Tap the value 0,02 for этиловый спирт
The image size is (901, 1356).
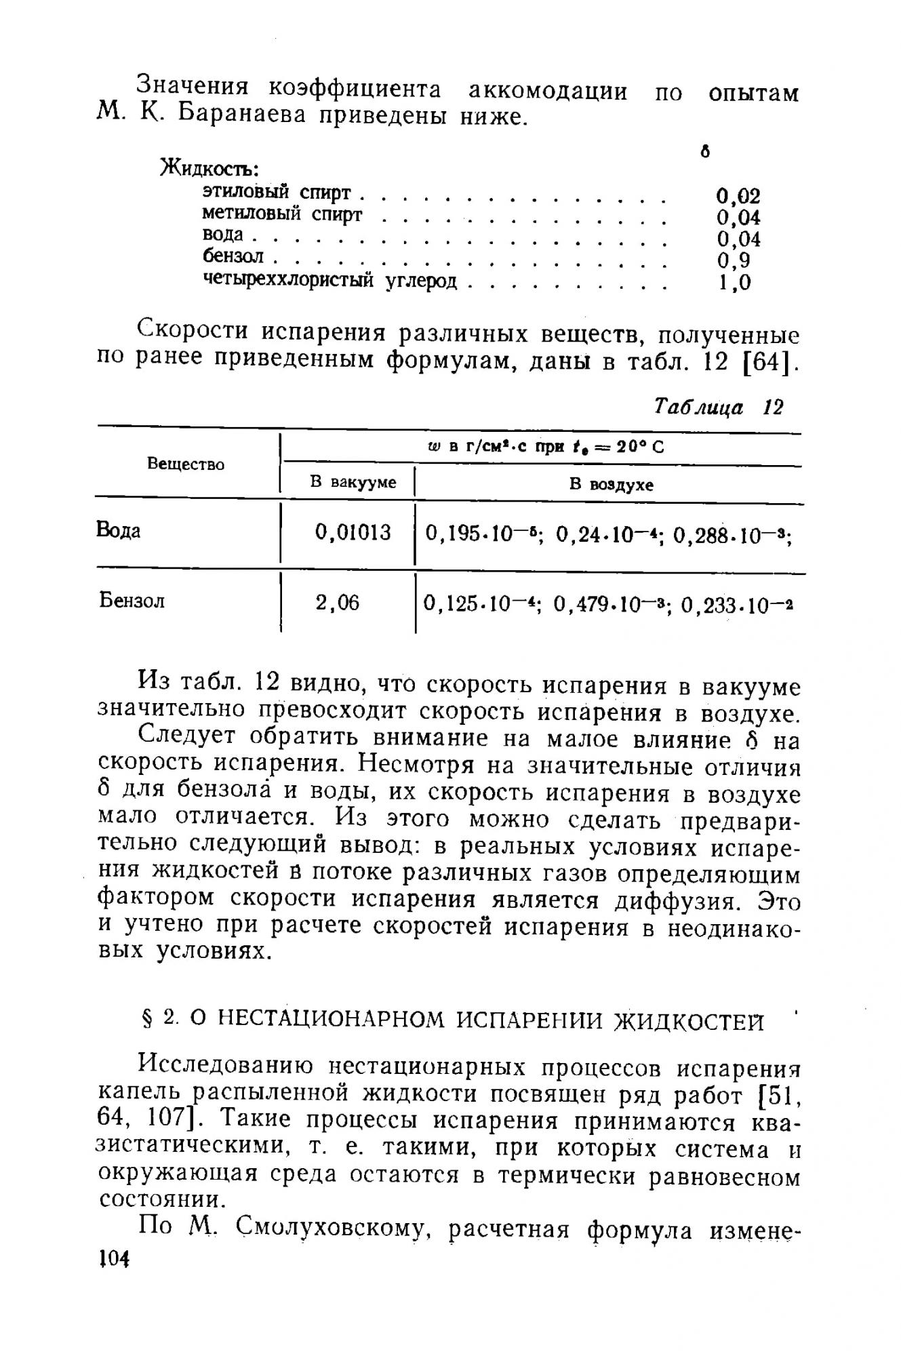click(x=738, y=196)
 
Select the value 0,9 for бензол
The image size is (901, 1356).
click(x=734, y=260)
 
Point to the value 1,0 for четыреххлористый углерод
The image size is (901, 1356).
click(x=734, y=282)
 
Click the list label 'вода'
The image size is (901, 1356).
click(x=223, y=235)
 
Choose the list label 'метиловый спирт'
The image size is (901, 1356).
click(x=283, y=214)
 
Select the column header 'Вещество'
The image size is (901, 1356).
click(x=186, y=464)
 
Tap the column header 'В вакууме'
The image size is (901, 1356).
click(x=353, y=483)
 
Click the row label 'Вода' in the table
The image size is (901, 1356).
click(x=119, y=530)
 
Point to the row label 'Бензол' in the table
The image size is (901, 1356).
click(x=132, y=601)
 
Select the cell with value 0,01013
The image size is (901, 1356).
click(x=353, y=532)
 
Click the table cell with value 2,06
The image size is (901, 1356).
click(x=338, y=602)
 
